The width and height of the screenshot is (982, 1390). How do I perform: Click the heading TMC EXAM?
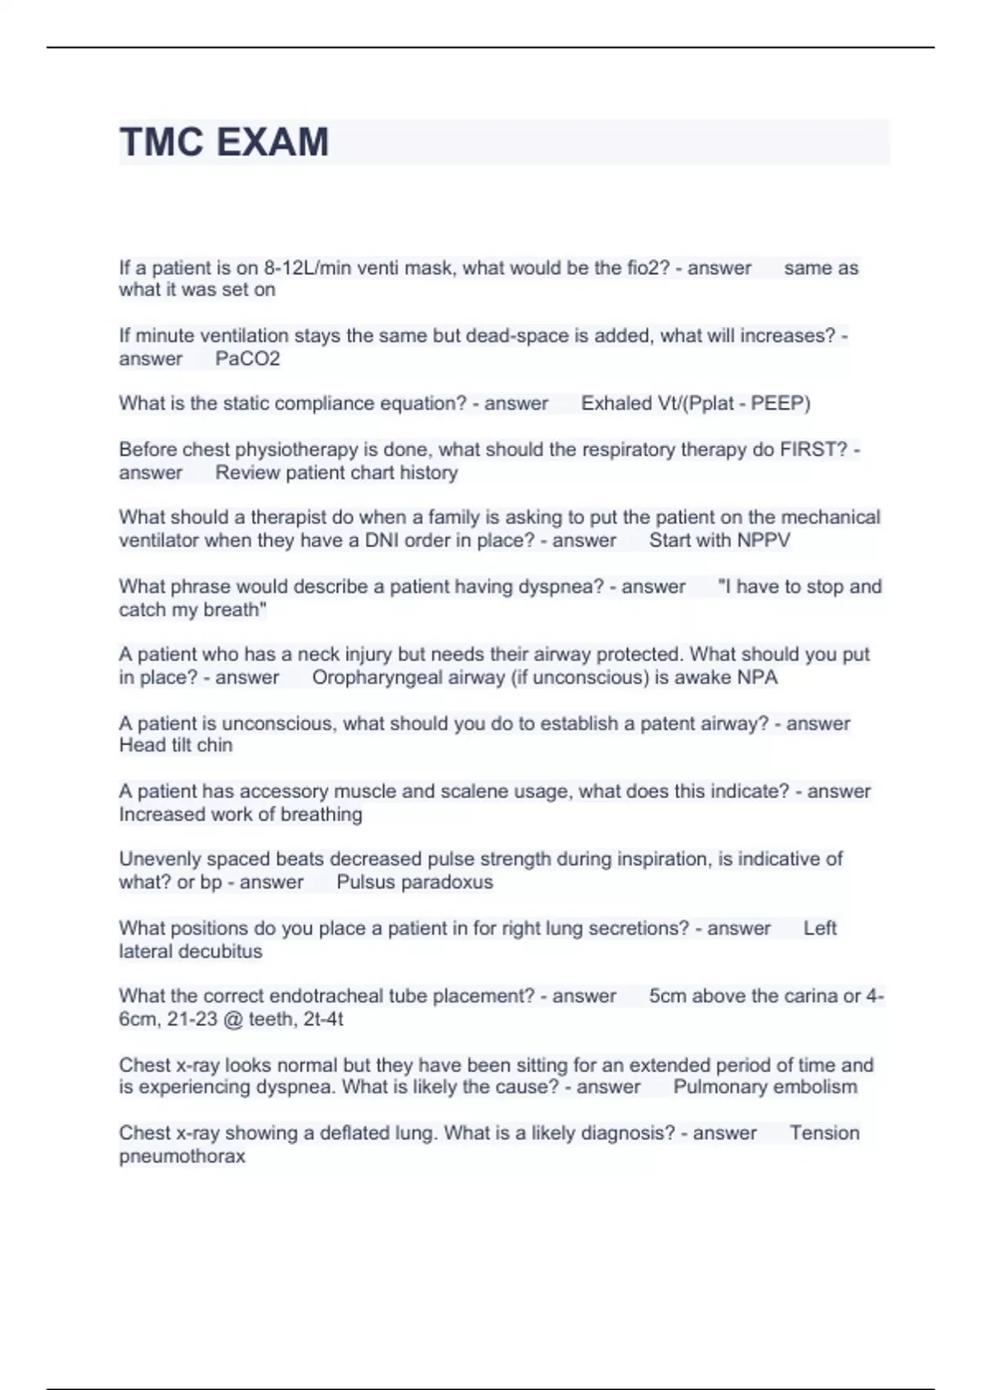pos(224,142)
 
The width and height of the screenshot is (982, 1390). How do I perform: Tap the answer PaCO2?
pos(247,359)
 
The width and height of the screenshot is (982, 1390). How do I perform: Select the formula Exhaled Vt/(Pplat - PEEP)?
pos(696,404)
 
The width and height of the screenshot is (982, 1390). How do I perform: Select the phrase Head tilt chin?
pos(176,746)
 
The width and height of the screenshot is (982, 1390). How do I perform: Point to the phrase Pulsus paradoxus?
pos(415,883)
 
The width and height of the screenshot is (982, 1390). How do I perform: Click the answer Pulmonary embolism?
pos(765,1087)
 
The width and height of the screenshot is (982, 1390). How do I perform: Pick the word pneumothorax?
pos(182,1157)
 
